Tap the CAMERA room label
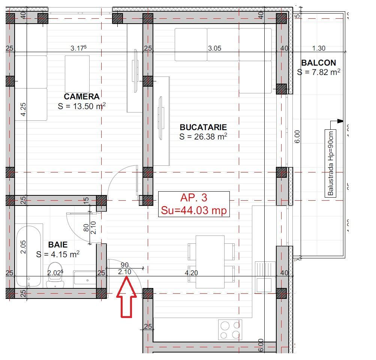(x=81, y=97)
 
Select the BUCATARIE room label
(x=203, y=127)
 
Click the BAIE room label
(x=58, y=245)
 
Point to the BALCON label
(x=319, y=63)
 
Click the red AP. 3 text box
(x=194, y=204)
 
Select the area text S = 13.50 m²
(x=81, y=106)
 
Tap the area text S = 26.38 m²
(x=203, y=137)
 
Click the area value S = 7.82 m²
(x=319, y=72)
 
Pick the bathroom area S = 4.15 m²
(x=58, y=255)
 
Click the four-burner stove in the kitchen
(x=230, y=330)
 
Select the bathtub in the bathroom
(x=28, y=255)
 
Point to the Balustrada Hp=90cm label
(x=330, y=163)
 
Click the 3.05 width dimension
(x=214, y=48)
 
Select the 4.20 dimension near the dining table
(x=191, y=273)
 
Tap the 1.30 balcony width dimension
(x=318, y=48)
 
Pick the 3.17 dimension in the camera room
(x=79, y=48)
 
